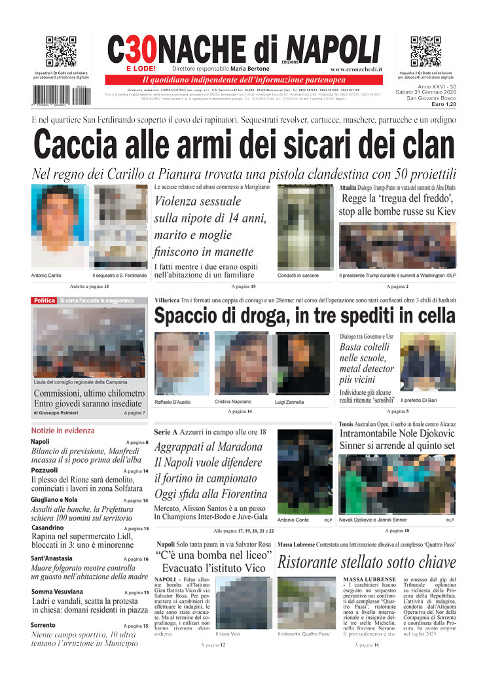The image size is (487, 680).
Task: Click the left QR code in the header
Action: (61, 52)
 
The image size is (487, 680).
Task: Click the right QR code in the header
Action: (426, 52)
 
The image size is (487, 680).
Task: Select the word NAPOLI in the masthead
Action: (333, 48)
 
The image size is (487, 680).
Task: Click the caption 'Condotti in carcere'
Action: (298, 276)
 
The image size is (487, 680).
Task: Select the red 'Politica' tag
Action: (45, 300)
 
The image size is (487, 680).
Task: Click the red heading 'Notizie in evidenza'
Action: (63, 431)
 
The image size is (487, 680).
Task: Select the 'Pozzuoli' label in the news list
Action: (44, 470)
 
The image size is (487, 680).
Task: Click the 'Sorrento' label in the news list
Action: (43, 625)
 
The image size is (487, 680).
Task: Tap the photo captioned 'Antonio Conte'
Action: (304, 471)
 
